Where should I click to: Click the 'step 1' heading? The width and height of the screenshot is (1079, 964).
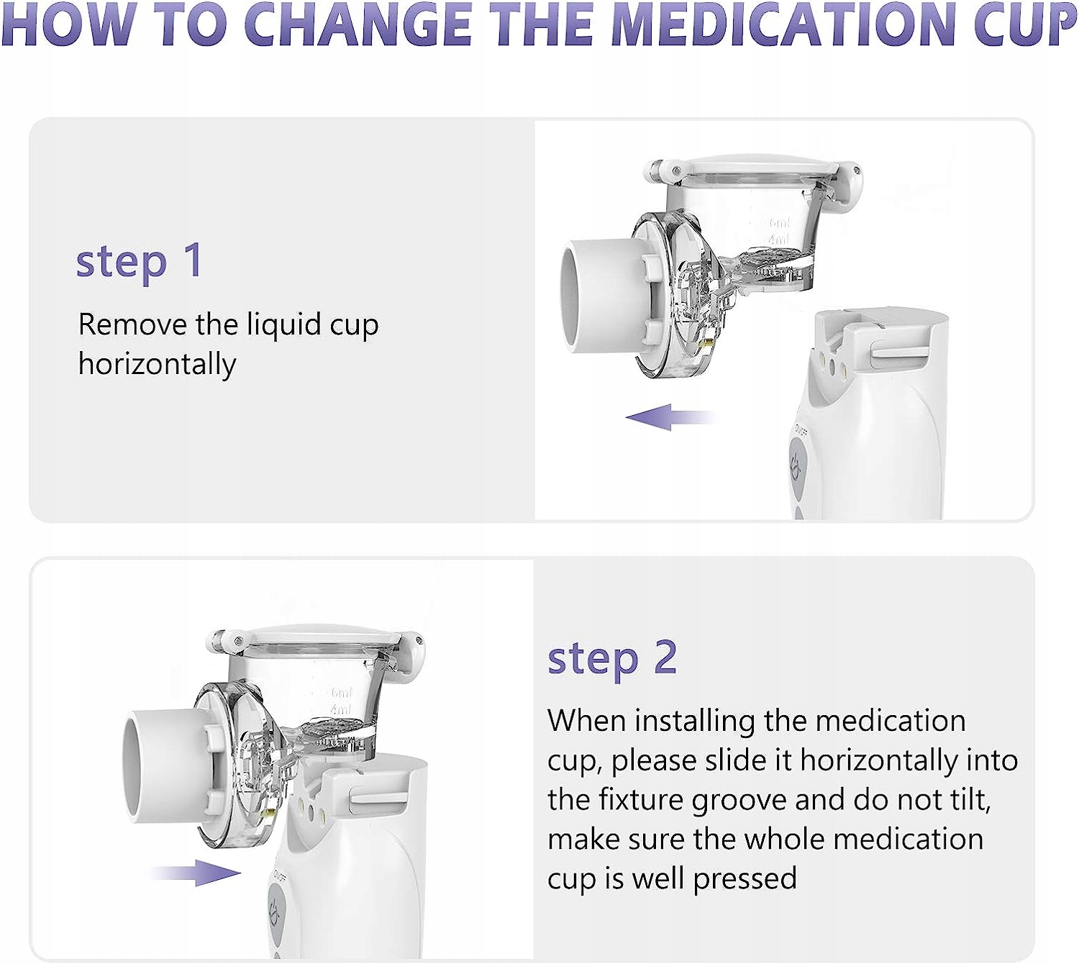click(x=140, y=262)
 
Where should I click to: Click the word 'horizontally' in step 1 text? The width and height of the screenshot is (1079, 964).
click(x=157, y=365)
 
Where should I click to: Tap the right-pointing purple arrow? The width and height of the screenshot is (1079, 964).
click(x=195, y=873)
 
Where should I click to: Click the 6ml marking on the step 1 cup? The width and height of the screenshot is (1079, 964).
click(x=779, y=222)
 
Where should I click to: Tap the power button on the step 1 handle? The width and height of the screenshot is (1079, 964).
click(x=797, y=468)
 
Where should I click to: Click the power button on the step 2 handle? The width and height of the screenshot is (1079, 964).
click(x=276, y=911)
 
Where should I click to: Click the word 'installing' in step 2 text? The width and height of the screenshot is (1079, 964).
click(x=695, y=722)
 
